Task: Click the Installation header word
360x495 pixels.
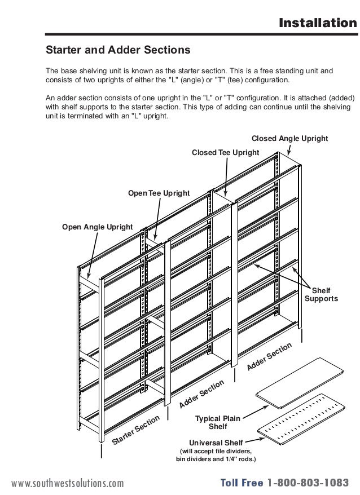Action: pyautogui.click(x=318, y=23)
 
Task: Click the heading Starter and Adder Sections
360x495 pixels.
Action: pyautogui.click(x=118, y=50)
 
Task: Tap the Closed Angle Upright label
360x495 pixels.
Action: pyautogui.click(x=289, y=138)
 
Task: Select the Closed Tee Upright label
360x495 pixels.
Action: pyautogui.click(x=226, y=152)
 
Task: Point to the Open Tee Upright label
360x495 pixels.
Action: pyautogui.click(x=159, y=193)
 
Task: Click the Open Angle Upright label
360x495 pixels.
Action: pyautogui.click(x=97, y=227)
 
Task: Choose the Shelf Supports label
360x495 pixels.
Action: pyautogui.click(x=321, y=294)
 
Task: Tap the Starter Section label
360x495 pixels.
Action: pyautogui.click(x=136, y=430)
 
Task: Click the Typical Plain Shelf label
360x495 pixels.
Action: pyautogui.click(x=218, y=422)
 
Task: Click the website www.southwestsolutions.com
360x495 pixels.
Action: pyautogui.click(x=67, y=483)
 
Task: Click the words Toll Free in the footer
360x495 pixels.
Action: pyautogui.click(x=242, y=483)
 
